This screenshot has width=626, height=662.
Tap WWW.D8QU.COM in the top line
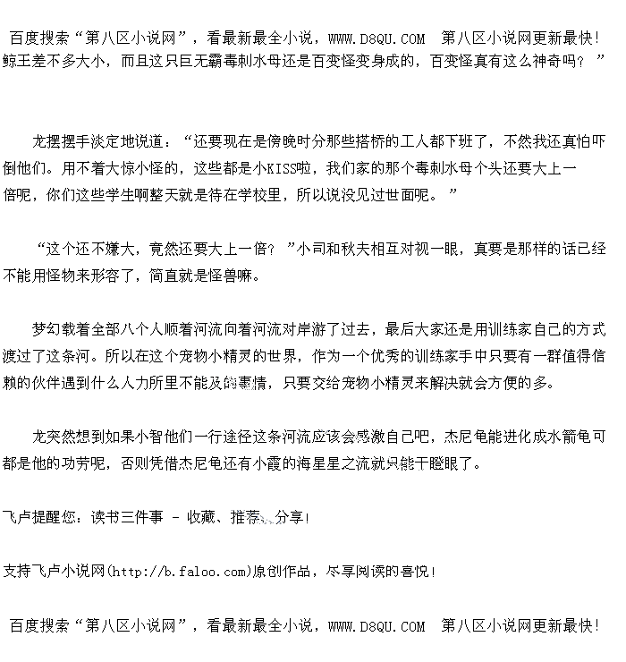376,38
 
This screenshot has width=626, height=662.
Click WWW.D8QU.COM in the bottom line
376,626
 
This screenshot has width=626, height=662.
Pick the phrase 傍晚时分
290,141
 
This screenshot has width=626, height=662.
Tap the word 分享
291,517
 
